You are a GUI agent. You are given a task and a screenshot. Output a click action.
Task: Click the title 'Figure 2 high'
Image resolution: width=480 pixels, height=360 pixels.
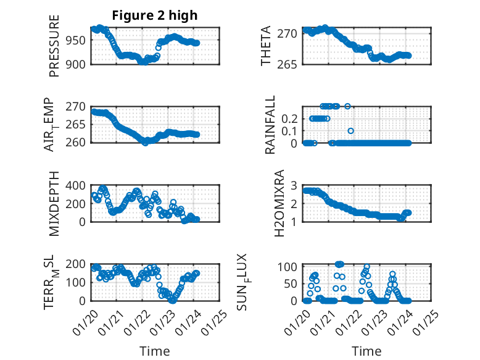(155, 15)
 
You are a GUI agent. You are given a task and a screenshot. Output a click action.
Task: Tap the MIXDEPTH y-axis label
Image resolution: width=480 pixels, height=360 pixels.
(54, 203)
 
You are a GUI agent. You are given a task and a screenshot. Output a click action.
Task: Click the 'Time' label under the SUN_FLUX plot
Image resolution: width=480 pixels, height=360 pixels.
(366, 351)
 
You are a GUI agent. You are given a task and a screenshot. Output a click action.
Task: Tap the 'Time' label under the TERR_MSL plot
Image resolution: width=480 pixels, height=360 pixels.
(155, 351)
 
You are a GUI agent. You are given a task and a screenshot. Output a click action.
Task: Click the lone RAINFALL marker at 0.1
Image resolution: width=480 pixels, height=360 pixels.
(351, 131)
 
